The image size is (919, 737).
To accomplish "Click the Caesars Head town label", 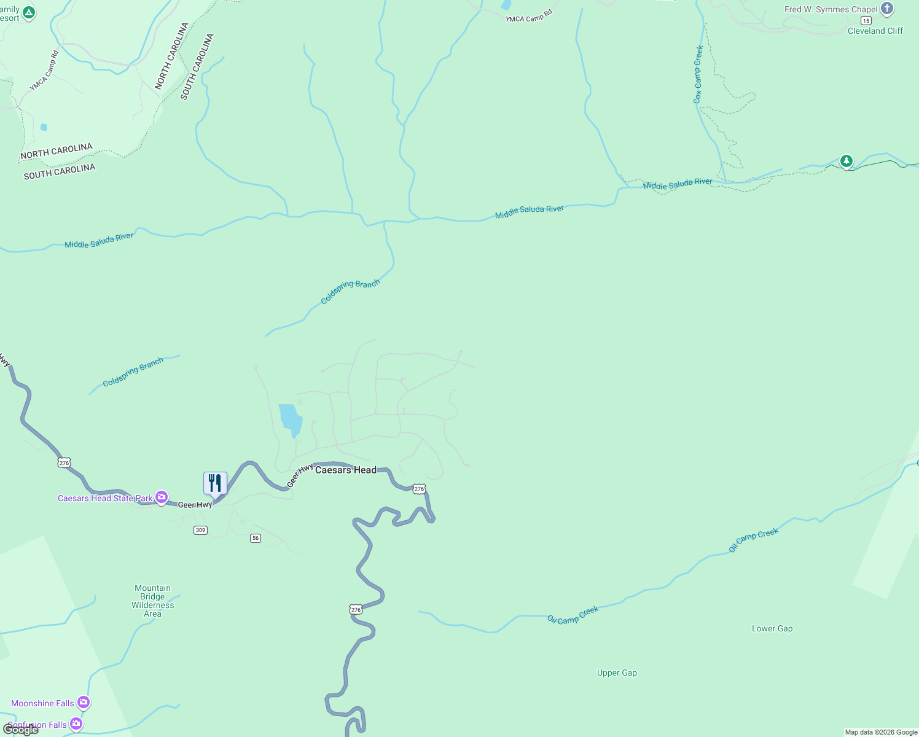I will pyautogui.click(x=345, y=470).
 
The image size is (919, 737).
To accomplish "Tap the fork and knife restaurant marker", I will pyautogui.click(x=215, y=483).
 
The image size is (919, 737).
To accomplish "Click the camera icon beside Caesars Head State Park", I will pyautogui.click(x=162, y=497).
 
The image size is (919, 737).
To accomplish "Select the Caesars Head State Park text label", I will pyautogui.click(x=105, y=498).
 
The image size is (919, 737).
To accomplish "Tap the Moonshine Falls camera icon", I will pyautogui.click(x=84, y=702).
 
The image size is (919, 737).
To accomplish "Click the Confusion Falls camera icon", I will pyautogui.click(x=76, y=724).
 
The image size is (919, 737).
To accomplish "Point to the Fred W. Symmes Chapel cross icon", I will pyautogui.click(x=886, y=9).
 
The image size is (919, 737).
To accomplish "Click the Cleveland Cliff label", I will pyautogui.click(x=875, y=31).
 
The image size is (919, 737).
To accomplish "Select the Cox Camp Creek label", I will pyautogui.click(x=698, y=74).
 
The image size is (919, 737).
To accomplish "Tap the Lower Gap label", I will pyautogui.click(x=772, y=628).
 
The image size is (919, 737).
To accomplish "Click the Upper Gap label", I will pyautogui.click(x=617, y=673).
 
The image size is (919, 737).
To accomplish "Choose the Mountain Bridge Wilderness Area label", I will pyautogui.click(x=152, y=601).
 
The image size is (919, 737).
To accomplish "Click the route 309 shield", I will pyautogui.click(x=200, y=530).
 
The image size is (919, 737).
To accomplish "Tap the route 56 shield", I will pyautogui.click(x=256, y=538).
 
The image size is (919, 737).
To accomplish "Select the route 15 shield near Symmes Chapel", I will pyautogui.click(x=866, y=20).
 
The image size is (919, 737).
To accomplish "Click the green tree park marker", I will pyautogui.click(x=847, y=161).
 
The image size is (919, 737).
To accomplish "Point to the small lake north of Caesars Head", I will pyautogui.click(x=291, y=419).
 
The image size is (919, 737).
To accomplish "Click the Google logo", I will pyautogui.click(x=21, y=730).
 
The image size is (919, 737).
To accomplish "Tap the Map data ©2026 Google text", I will pyautogui.click(x=881, y=732).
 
